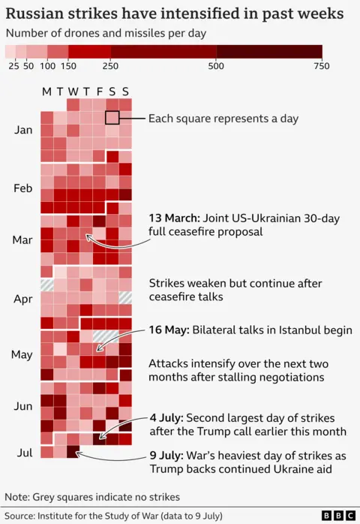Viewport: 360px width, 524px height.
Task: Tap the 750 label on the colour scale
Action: (322, 66)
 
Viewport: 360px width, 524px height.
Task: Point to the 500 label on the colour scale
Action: (217, 66)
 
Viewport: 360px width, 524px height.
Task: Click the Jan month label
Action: (23, 130)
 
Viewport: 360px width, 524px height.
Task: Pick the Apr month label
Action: (23, 298)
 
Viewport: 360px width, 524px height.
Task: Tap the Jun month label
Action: (23, 406)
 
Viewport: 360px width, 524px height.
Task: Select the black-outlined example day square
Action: (112, 118)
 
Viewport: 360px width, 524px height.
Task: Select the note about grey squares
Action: (92, 497)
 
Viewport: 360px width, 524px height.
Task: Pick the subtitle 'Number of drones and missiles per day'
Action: (106, 33)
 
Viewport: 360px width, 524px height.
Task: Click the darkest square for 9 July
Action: (73, 452)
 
